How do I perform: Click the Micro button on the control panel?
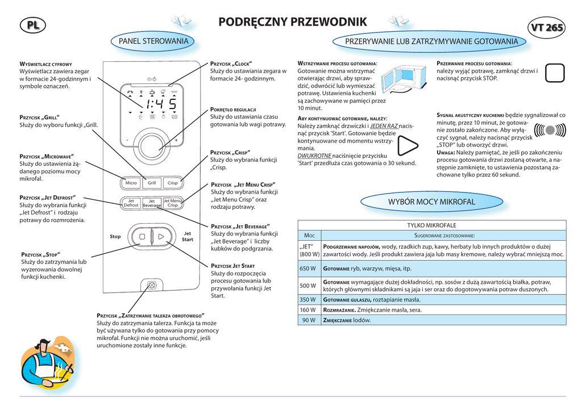[x=131, y=183]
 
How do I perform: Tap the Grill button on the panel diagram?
[x=152, y=183]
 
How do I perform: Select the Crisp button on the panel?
[x=173, y=183]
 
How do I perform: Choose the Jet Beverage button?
[x=152, y=203]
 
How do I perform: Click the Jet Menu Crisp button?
[x=173, y=203]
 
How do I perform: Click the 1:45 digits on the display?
[x=160, y=105]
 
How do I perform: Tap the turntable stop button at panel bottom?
[x=152, y=286]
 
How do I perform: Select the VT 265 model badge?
[x=546, y=27]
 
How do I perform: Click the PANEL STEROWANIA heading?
[x=153, y=41]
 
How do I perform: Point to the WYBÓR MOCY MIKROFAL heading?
[x=431, y=202]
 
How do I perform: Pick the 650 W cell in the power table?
[x=307, y=269]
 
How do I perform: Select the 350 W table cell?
[x=307, y=299]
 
